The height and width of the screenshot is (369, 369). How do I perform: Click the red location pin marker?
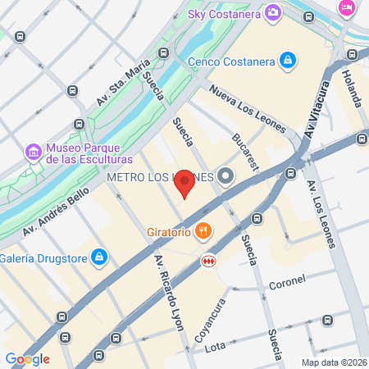pyautogui.click(x=185, y=183)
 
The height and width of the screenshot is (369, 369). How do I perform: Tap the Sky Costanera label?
pyautogui.click(x=217, y=13)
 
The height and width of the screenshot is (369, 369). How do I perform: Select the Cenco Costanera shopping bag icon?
pyautogui.click(x=287, y=60)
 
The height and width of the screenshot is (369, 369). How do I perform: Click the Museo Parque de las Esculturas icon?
pyautogui.click(x=33, y=152)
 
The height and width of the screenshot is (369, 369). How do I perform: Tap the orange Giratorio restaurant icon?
pyautogui.click(x=205, y=232)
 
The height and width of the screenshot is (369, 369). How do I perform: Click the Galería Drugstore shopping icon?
pyautogui.click(x=99, y=257)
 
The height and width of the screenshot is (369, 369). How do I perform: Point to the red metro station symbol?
pyautogui.click(x=209, y=262)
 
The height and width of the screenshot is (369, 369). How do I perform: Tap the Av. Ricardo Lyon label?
pyautogui.click(x=169, y=291)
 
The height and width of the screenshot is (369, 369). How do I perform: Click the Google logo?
pyautogui.click(x=27, y=359)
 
